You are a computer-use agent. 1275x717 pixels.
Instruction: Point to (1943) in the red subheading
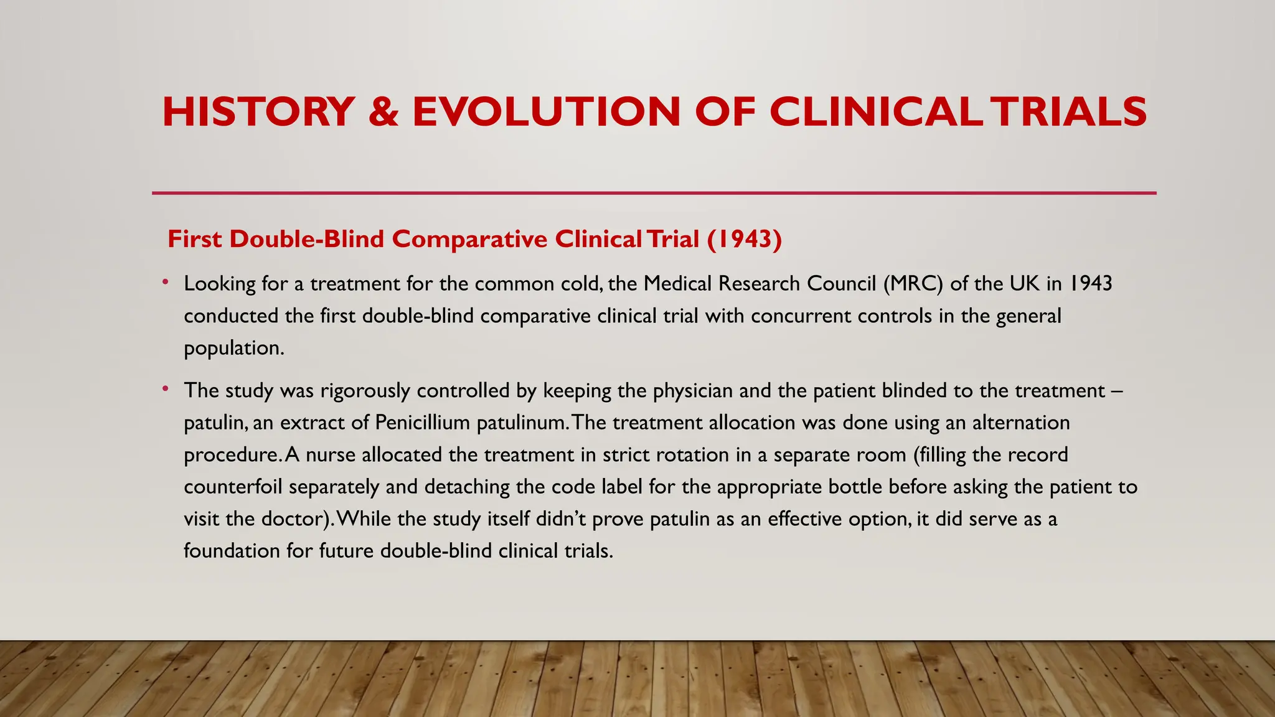tap(744, 239)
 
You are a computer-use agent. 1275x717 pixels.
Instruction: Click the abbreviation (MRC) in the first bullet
tap(913, 284)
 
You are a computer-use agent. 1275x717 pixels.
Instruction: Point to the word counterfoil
tap(233, 487)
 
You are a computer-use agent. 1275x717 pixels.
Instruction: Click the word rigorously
tap(365, 391)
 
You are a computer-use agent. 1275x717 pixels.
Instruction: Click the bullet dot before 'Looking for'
tap(166, 283)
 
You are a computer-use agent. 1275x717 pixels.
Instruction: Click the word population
tap(234, 348)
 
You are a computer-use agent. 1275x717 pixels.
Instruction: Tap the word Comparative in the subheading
tap(469, 239)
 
